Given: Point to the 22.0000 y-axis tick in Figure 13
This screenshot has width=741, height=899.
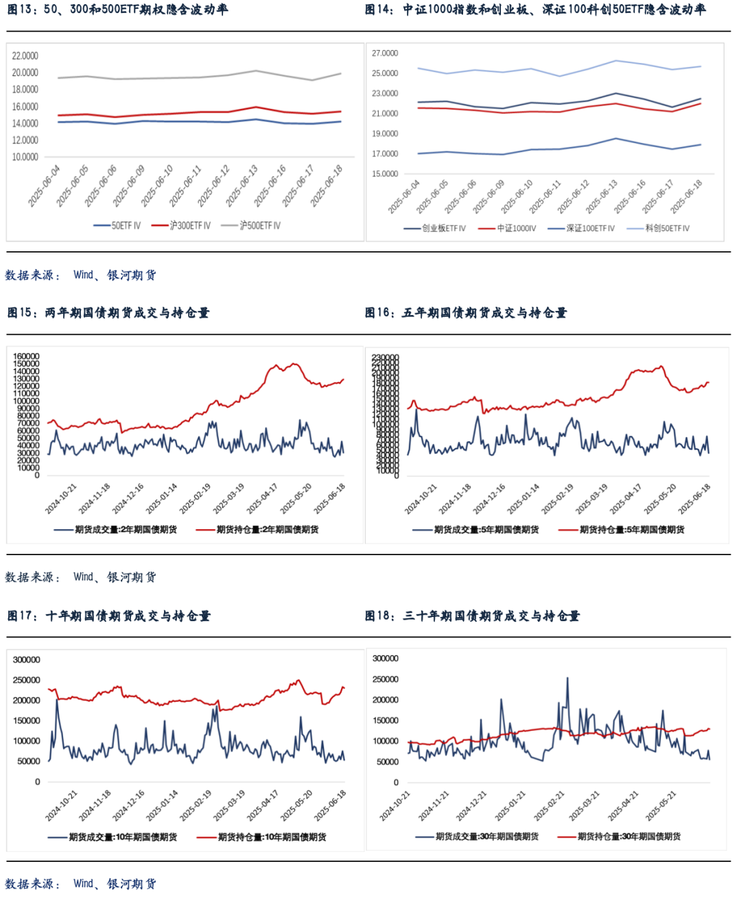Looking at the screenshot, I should (x=25, y=56).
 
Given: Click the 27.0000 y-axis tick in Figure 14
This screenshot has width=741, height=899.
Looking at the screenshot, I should (x=385, y=54).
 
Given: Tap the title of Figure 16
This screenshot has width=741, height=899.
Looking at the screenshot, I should (x=466, y=313).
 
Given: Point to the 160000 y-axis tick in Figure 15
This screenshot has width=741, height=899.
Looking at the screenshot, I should (x=27, y=357).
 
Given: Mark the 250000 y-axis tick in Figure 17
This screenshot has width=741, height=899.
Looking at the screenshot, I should (x=27, y=680).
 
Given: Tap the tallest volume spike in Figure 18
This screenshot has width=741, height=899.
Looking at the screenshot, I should (x=567, y=679).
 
